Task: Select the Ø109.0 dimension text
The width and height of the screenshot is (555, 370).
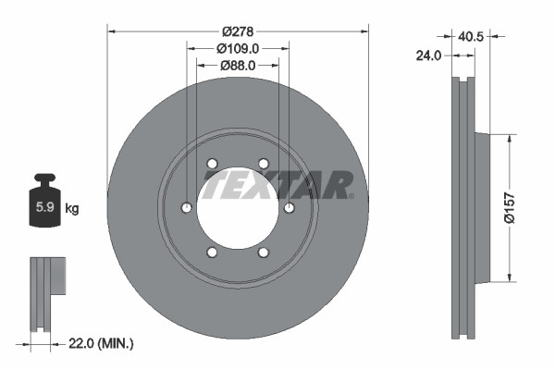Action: [238, 48]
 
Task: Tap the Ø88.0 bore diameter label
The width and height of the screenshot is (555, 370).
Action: [238, 65]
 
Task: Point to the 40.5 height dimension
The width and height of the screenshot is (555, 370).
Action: [471, 37]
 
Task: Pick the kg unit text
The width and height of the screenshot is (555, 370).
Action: [72, 208]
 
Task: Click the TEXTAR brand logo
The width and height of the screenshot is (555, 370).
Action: [277, 185]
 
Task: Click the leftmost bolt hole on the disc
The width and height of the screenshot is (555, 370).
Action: [187, 207]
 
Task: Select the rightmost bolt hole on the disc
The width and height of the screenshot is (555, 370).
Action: [290, 207]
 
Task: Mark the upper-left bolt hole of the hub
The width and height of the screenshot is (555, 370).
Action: [212, 164]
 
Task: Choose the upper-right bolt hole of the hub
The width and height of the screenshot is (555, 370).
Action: [264, 164]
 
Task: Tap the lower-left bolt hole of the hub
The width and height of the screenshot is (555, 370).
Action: [212, 252]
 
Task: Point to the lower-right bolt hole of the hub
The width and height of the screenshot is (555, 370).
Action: [264, 252]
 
